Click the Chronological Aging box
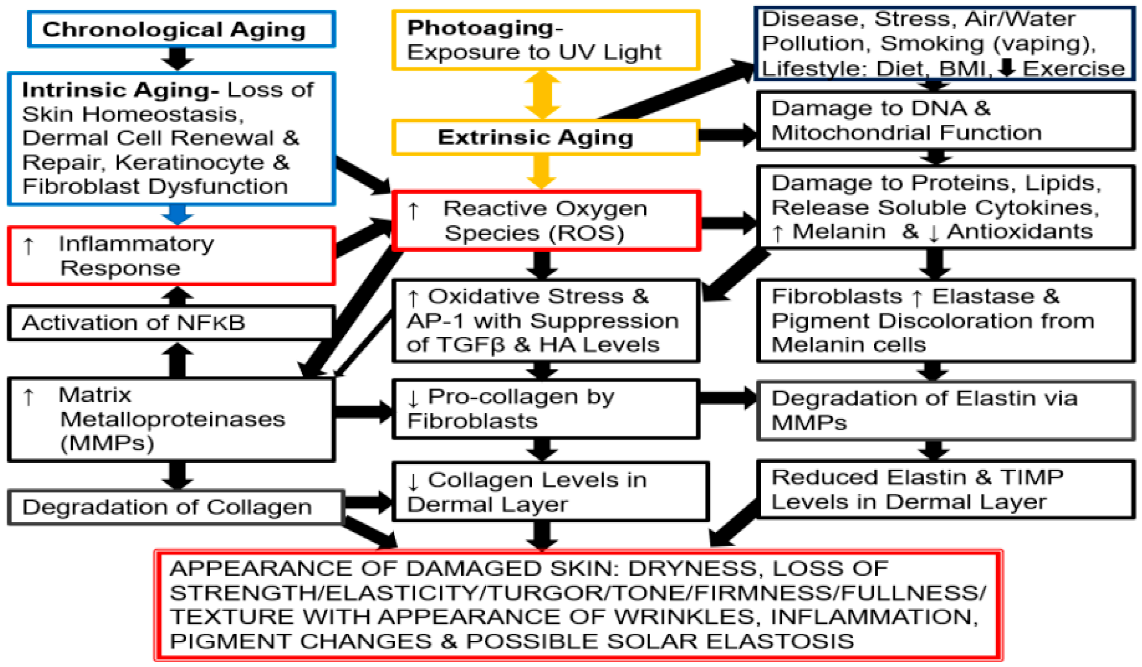[x=181, y=29]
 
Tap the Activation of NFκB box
[x=170, y=323]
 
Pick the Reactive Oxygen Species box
[x=546, y=221]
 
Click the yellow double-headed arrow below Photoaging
[x=542, y=95]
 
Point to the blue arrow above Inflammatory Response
[x=177, y=215]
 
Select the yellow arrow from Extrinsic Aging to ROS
[x=542, y=171]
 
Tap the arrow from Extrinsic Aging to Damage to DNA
[x=727, y=134]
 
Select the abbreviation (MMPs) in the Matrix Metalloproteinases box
[x=107, y=443]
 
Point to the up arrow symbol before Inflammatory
[x=29, y=245]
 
